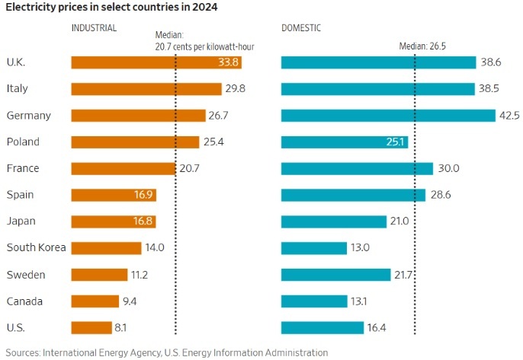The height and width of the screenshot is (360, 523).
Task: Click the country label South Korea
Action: coord(36,247)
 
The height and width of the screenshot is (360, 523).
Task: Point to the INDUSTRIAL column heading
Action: coord(94,27)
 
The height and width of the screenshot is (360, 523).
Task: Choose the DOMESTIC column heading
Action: coord(300,27)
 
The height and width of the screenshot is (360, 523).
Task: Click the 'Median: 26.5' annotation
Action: coord(422,46)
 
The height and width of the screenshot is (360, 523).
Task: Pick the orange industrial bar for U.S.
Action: coord(91,327)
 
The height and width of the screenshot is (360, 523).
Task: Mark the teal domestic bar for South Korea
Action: coord(313,247)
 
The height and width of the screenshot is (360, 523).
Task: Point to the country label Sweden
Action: coord(24,274)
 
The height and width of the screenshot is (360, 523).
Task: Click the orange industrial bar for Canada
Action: coord(95,301)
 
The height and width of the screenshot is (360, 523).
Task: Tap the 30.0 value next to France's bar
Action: coord(447,168)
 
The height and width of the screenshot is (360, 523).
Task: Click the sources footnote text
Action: coord(167,352)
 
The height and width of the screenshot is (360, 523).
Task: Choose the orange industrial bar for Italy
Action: coord(146,89)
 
